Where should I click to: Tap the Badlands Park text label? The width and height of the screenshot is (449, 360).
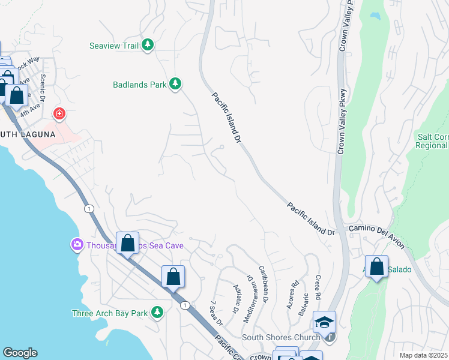139,85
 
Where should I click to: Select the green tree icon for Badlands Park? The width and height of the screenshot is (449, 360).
175,84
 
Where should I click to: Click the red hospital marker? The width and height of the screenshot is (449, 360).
59,113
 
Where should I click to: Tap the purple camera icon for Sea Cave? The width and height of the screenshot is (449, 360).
77,245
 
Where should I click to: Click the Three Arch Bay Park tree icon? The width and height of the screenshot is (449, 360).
157,312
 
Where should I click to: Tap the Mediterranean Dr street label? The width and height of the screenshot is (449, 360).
249,299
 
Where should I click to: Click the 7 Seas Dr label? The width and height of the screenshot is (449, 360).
216,313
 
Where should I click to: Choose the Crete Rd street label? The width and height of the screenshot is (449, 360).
317,287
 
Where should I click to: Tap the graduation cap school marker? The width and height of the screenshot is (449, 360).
324,323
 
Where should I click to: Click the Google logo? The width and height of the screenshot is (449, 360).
20,353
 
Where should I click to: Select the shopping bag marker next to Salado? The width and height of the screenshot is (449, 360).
376,268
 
